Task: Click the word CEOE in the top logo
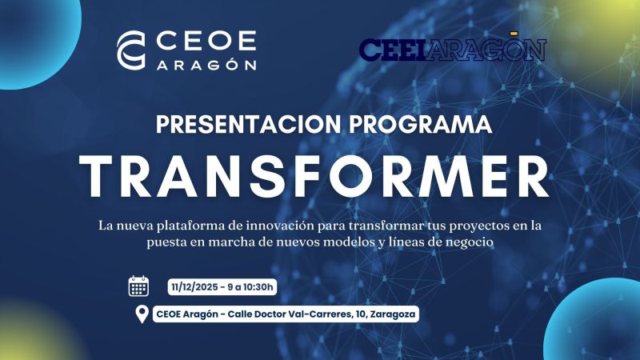(x=204, y=41)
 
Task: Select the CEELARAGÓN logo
(x=452, y=49)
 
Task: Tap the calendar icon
(x=139, y=286)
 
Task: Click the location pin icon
(x=142, y=314)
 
